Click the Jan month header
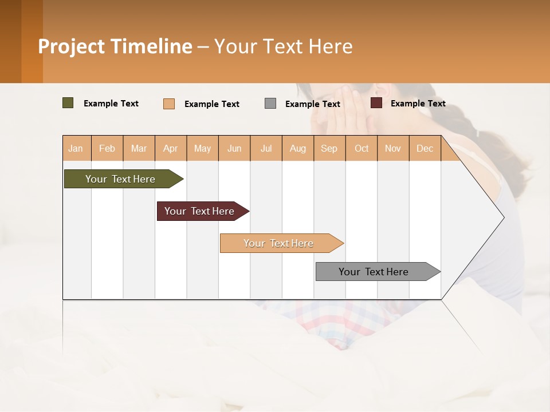point(76,148)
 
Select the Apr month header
point(171,148)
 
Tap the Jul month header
point(266,148)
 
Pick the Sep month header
point(329,148)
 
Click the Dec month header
point(425,148)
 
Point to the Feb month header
point(107,148)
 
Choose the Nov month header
point(393,148)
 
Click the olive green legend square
point(68,103)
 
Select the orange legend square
point(168,104)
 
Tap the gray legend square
point(270,104)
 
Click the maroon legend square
point(376,103)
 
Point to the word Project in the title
point(72,46)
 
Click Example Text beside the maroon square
point(418,103)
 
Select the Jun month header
point(234,148)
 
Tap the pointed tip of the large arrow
point(502,217)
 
